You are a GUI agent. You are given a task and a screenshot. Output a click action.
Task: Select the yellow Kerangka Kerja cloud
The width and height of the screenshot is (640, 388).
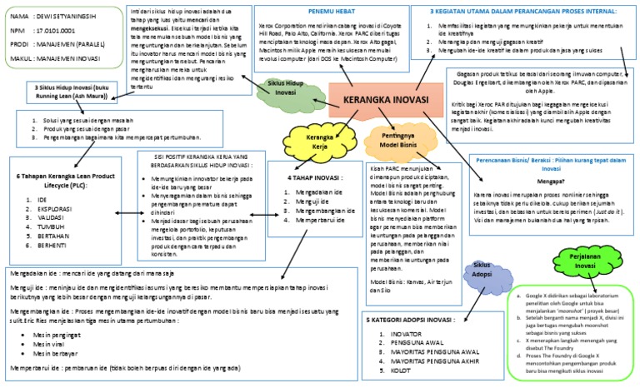pos(318,140)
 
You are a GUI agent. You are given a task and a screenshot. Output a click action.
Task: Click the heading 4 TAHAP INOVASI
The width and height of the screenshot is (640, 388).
pos(312,177)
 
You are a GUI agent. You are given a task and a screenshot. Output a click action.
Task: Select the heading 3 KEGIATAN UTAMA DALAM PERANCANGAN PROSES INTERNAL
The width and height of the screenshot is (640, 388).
pos(529,12)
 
